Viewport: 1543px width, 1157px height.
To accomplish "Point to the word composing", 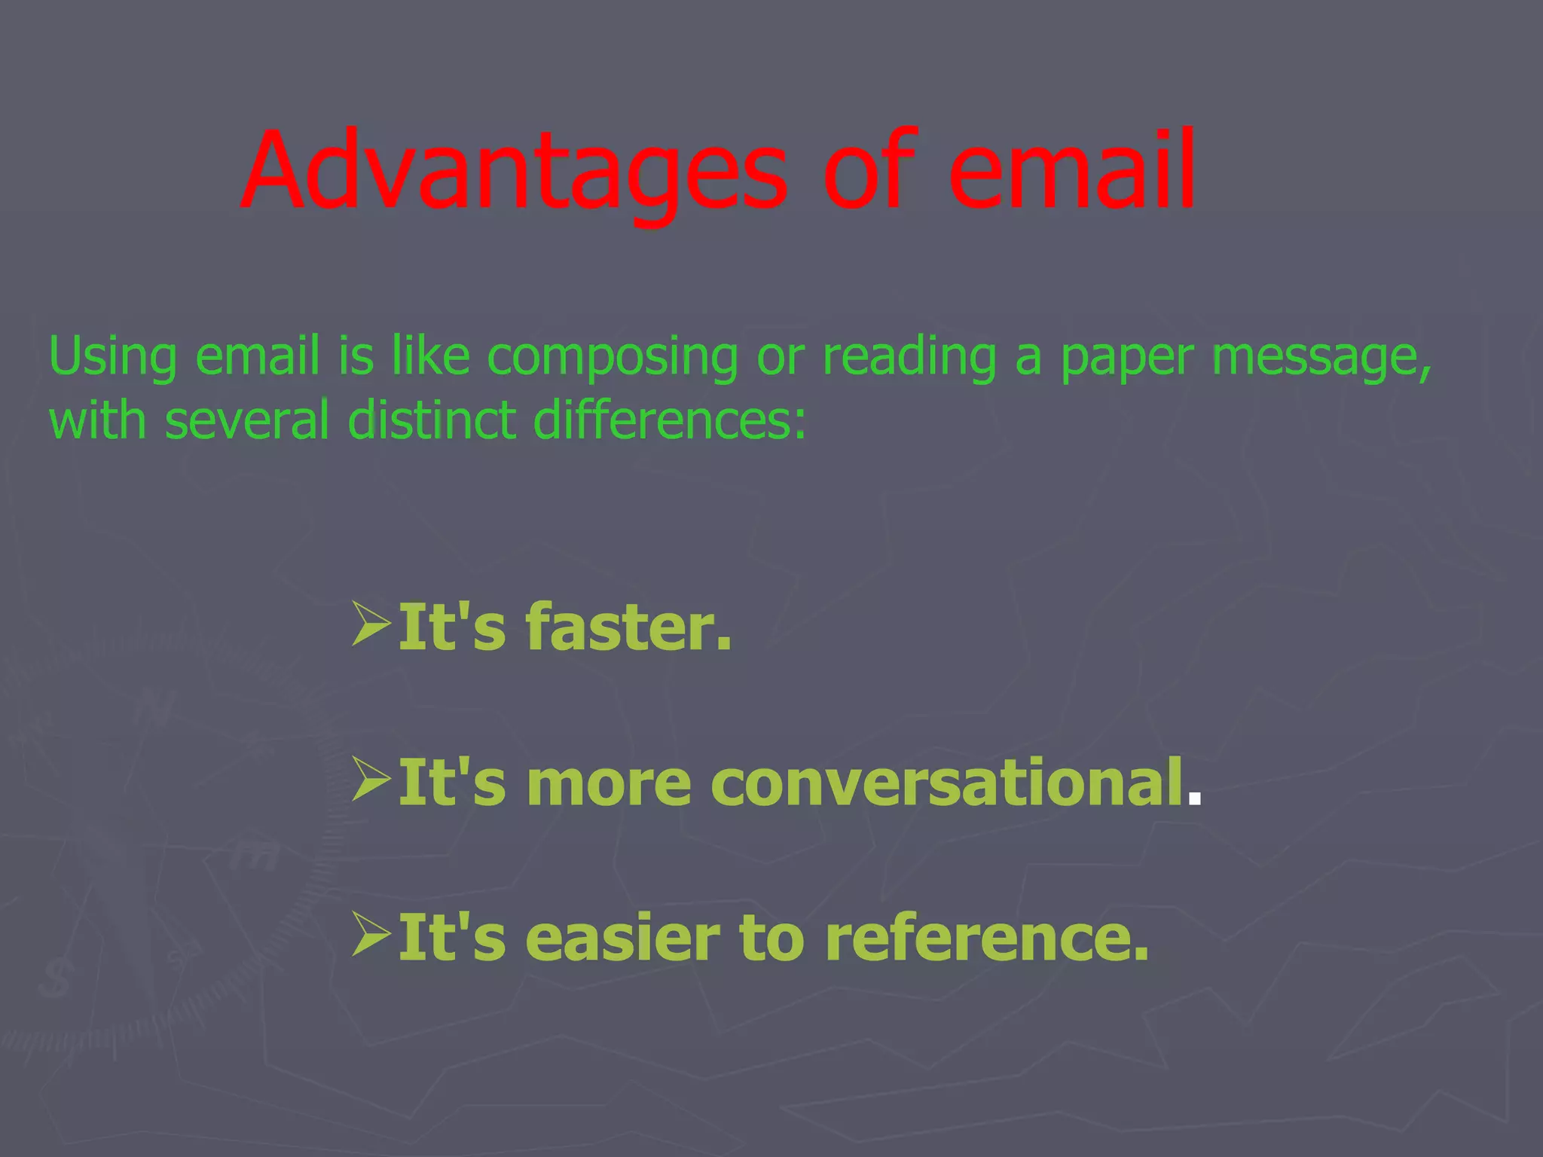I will (612, 356).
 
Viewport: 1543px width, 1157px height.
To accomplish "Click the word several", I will (247, 420).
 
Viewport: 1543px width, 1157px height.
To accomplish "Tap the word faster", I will (628, 627).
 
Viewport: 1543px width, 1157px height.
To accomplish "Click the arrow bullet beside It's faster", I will (371, 624).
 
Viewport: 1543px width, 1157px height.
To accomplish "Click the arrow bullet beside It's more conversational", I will (371, 779).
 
